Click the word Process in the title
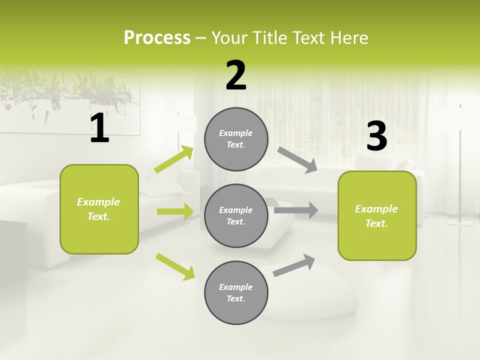point(157,37)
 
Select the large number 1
point(99,128)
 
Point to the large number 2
point(236,75)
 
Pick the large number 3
point(376,136)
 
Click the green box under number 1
point(99,209)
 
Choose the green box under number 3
point(377,215)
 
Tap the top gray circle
point(236,139)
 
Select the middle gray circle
point(236,215)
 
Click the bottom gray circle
point(236,292)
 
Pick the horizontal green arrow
point(175,211)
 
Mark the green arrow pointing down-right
point(175,266)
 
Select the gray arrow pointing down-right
point(297,159)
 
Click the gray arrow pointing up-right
point(294,265)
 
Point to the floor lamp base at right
point(460,222)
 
